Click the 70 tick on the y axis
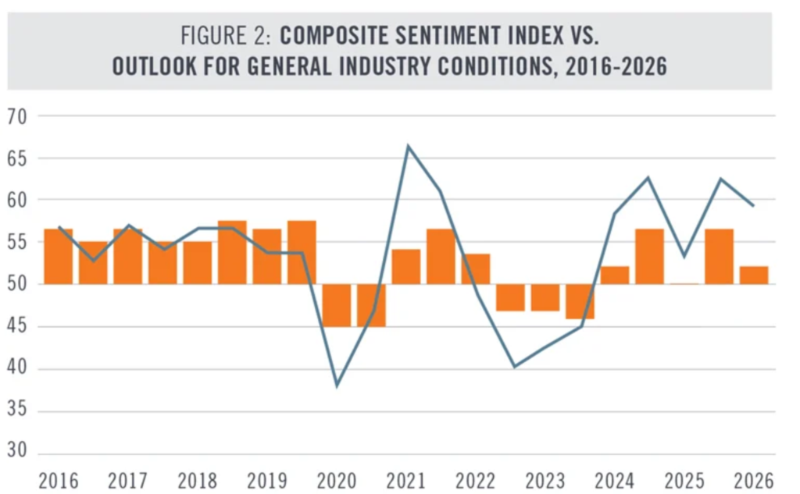(17, 117)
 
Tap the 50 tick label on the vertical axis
(17, 285)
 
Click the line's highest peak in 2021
(407, 146)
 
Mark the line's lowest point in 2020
(337, 386)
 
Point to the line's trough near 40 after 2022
(514, 366)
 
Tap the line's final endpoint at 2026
(753, 206)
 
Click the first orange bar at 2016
(59, 256)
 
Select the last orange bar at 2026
(754, 275)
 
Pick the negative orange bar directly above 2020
(337, 305)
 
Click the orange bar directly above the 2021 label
(406, 267)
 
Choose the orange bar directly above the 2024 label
(615, 275)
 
